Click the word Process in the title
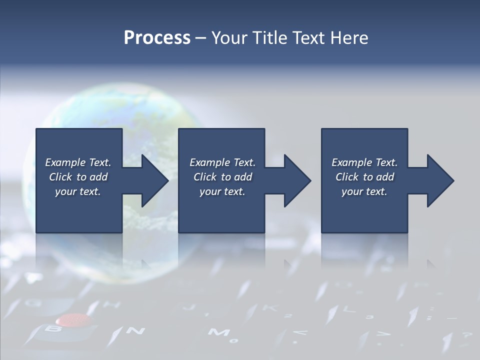coord(157,37)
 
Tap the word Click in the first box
coord(60,177)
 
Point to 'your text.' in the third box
coord(364,191)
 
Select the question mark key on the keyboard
coord(467,335)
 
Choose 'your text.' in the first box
coord(77,191)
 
